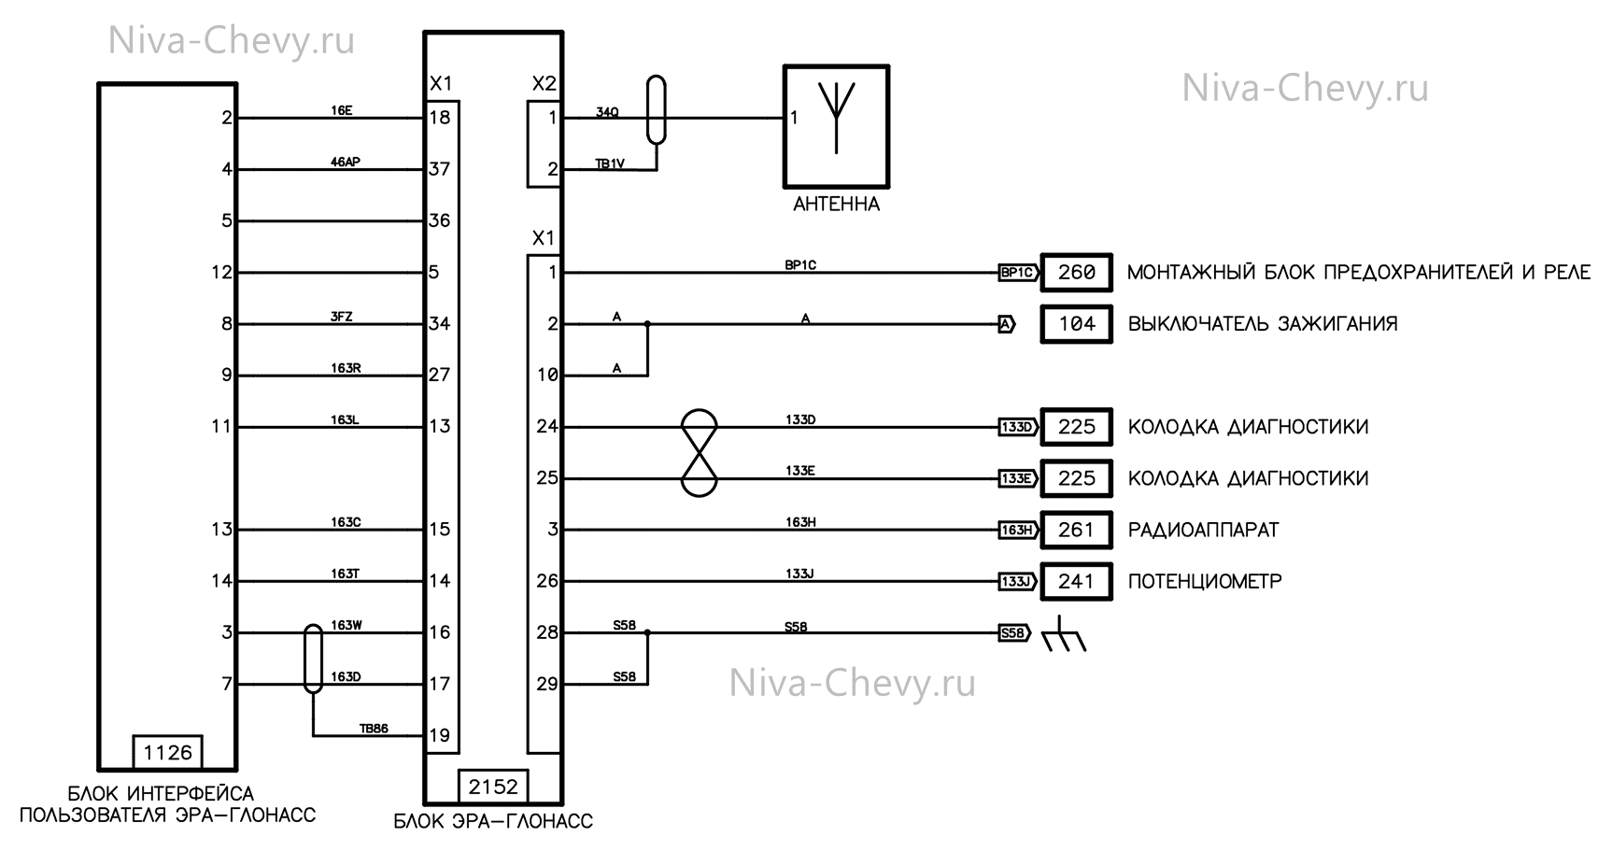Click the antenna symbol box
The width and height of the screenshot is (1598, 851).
(x=836, y=126)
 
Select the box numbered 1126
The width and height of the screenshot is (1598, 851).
(x=168, y=752)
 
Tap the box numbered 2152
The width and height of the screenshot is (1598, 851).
(x=493, y=787)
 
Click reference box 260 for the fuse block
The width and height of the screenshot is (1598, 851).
(x=1076, y=273)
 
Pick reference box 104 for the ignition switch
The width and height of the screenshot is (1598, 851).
(x=1076, y=324)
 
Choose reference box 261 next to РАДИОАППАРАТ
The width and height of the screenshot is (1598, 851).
(x=1076, y=530)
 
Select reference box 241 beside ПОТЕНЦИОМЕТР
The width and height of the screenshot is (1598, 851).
(x=1076, y=581)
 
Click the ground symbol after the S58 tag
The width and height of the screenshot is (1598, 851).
(x=1063, y=634)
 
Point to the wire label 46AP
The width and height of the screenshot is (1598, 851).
(x=345, y=163)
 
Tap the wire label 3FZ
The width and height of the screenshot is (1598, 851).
(x=342, y=317)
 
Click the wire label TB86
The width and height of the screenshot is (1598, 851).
(x=374, y=729)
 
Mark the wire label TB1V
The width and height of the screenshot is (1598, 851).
(x=610, y=163)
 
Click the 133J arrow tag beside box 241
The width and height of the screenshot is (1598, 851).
(x=1016, y=581)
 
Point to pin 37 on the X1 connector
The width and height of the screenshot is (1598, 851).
(x=440, y=169)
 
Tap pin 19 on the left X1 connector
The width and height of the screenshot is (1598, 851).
(x=440, y=735)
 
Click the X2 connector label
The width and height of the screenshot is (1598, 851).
(x=544, y=84)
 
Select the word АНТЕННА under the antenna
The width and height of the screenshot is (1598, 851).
(x=836, y=205)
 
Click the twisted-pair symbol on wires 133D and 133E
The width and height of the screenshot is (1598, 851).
(x=700, y=453)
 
